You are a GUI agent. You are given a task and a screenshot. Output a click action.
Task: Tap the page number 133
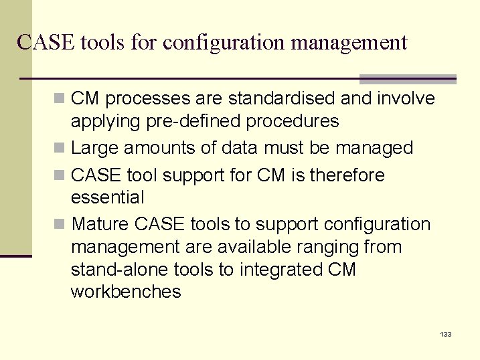coord(446,334)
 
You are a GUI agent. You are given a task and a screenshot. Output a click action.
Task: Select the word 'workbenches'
coord(126,292)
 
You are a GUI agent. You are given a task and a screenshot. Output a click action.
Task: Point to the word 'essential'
coord(107,197)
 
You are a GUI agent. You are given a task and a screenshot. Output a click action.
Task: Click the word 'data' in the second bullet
coord(239,147)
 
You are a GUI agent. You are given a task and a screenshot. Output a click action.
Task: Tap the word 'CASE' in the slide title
coord(46,43)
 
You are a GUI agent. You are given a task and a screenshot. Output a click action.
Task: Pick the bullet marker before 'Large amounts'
coord(61,148)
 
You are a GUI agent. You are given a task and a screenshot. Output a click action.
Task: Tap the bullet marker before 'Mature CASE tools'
coord(61,223)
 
